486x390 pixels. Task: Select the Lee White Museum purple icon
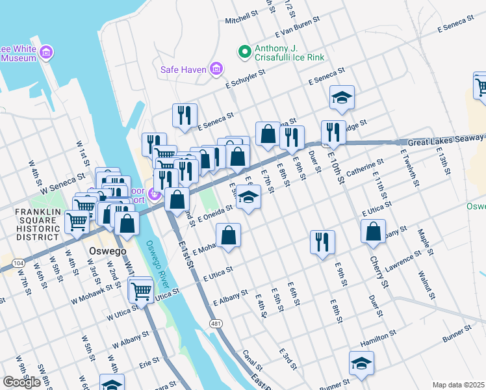(x=46, y=52)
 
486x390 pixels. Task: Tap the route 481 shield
(x=215, y=323)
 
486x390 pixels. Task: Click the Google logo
(x=21, y=382)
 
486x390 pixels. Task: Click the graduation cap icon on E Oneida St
(x=248, y=198)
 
